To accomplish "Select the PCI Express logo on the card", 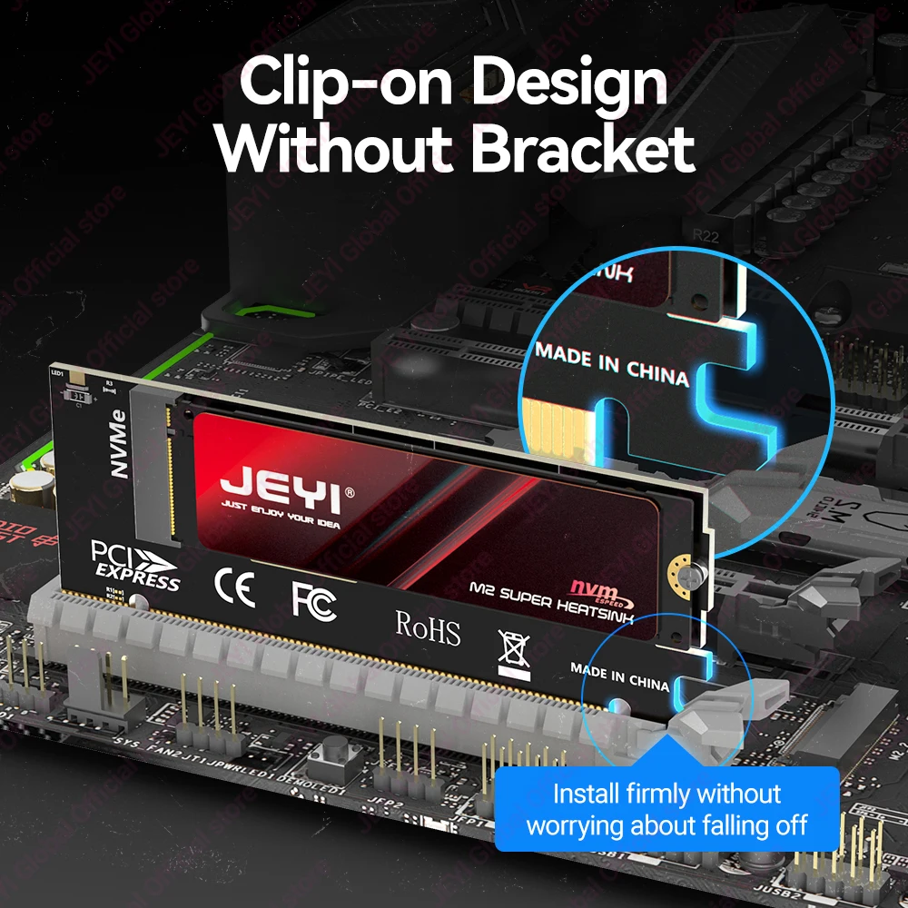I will (135, 565).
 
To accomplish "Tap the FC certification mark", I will (313, 600).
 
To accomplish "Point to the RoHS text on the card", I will (428, 627).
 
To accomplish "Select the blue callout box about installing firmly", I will (666, 808).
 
